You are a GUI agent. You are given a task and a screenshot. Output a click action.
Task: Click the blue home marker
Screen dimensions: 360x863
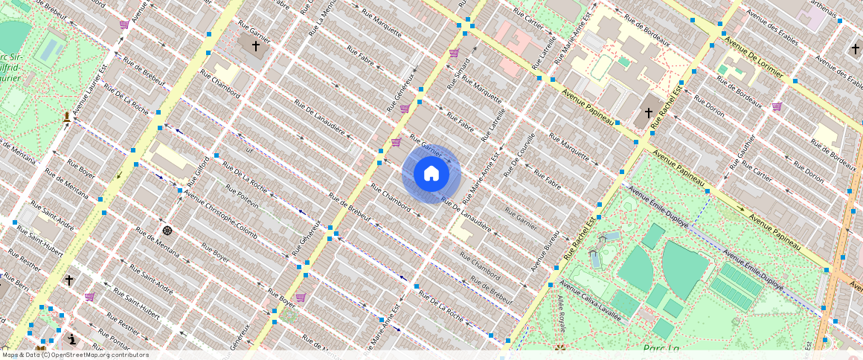[x=431, y=174]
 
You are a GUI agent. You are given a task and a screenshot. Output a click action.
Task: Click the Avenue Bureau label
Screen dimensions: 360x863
[x=545, y=249]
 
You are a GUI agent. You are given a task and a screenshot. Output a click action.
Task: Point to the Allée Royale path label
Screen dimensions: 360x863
[x=560, y=313]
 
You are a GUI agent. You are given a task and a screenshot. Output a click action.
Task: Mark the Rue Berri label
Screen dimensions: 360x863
[x=15, y=280]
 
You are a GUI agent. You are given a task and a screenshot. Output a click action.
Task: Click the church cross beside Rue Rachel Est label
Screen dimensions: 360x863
[x=648, y=113]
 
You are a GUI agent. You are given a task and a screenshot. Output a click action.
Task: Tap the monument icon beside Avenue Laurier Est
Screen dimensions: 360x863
[x=67, y=117]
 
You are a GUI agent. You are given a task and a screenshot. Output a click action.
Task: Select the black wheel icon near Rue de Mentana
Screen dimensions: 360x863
[x=167, y=230]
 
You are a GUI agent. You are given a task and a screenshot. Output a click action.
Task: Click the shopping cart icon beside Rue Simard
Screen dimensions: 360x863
[x=454, y=53]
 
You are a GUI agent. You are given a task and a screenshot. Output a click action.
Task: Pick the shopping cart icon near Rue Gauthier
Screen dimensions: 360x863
[x=777, y=106]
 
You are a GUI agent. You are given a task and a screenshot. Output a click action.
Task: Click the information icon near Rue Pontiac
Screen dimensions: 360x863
[x=71, y=339]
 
